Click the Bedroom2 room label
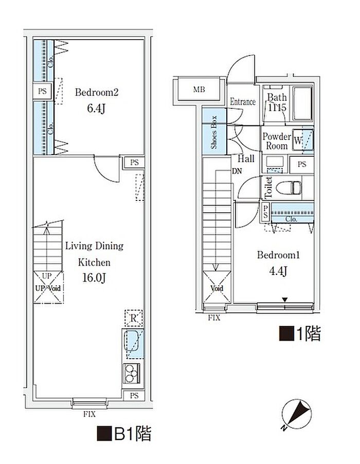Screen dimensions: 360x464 pos(97,92)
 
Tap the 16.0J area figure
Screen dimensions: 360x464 pos(94,278)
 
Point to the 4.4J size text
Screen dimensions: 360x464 pos(278,271)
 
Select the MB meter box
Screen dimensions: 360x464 pos(199,89)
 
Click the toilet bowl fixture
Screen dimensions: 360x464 pos(289,188)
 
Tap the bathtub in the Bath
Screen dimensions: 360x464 pos(302,103)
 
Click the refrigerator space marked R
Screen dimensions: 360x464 pos(134,319)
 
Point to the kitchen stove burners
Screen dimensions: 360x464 pos(132,374)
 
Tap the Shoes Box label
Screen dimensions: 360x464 pos(214,132)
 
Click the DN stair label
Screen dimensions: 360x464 pos(237,171)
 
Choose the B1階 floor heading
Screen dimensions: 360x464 pos(124,434)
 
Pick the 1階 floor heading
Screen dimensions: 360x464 pos(300,334)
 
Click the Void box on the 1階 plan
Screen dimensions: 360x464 pos(217,288)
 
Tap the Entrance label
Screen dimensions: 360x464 pos(243,102)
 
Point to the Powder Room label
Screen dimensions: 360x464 pos(277,141)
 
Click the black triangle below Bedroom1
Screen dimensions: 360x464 pos(285,300)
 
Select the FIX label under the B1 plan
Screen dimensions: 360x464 pos(89,414)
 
